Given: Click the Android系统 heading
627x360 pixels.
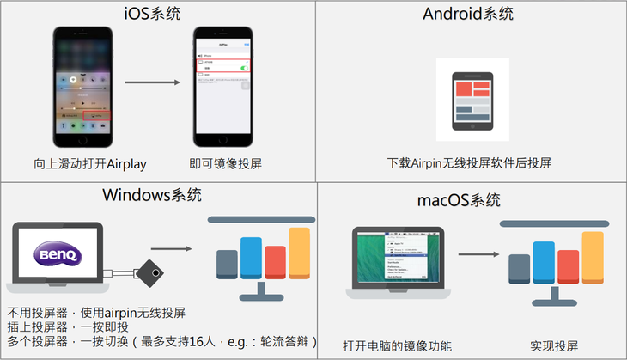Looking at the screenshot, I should (468, 15).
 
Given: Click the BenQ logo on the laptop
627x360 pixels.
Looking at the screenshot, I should (57, 254).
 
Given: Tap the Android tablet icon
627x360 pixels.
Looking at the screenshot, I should (472, 100).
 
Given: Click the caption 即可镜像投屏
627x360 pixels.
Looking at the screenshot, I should (225, 163).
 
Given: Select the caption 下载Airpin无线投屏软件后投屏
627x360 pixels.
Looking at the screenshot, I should (469, 163).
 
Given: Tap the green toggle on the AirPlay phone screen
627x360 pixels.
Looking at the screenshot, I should (246, 67).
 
